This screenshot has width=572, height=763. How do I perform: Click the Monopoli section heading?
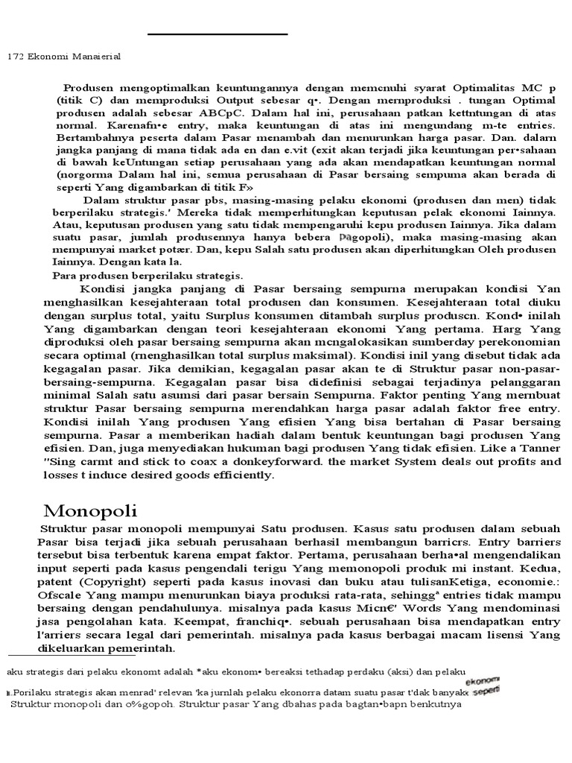pyautogui.click(x=90, y=510)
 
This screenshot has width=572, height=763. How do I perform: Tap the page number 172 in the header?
pyautogui.click(x=15, y=56)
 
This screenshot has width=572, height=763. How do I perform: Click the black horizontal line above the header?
pyautogui.click(x=217, y=34)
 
